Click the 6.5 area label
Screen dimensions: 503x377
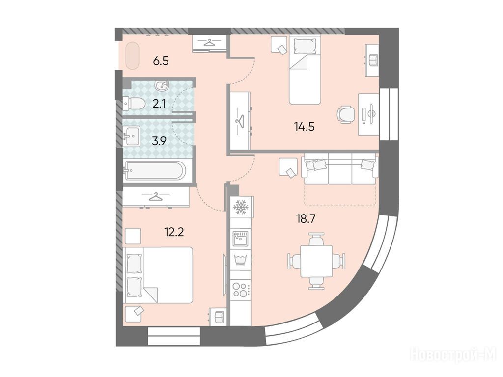161,60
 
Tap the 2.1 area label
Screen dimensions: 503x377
159,104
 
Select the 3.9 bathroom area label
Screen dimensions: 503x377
159,141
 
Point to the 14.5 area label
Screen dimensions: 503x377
304,127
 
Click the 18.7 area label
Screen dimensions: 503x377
306,218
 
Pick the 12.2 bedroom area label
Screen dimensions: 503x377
174,232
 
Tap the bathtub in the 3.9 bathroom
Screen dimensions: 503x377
155,170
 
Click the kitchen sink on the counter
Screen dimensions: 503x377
241,238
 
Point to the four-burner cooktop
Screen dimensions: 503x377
240,290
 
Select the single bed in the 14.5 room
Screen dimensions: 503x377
305,70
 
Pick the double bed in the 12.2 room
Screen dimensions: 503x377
158,275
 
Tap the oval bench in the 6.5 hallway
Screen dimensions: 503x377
132,56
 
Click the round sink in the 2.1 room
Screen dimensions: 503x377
162,85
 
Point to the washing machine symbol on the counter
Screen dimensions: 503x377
240,260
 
